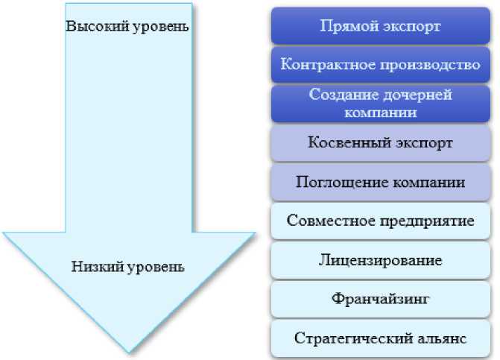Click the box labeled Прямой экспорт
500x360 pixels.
[x=380, y=26]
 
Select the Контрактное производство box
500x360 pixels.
[x=380, y=64]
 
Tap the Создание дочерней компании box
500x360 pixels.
[x=380, y=104]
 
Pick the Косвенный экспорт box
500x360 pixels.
[x=380, y=142]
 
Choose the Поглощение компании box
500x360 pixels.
[x=380, y=182]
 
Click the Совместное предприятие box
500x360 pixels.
[x=380, y=221]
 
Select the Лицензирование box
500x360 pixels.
[x=380, y=260]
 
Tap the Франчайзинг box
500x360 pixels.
[x=380, y=300]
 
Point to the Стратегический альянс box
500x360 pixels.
[x=380, y=338]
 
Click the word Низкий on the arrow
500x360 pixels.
[x=94, y=265]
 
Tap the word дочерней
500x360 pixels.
[x=420, y=95]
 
